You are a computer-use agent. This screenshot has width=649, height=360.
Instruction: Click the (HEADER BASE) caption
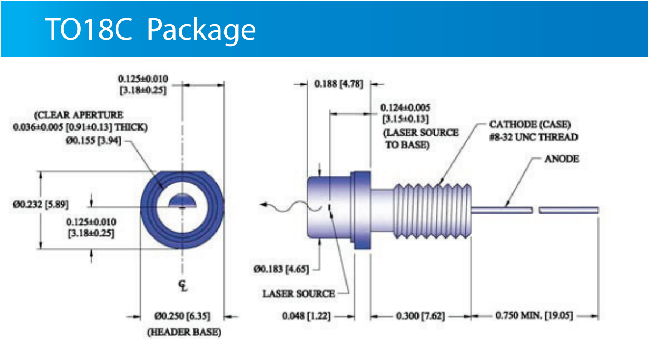click(184, 333)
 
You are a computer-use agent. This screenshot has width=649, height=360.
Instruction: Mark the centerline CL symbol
click(184, 286)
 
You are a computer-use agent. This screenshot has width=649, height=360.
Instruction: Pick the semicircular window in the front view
click(183, 200)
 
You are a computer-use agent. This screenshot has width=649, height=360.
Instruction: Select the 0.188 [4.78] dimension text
click(339, 84)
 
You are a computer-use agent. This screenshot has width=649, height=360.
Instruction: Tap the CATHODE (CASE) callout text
click(526, 124)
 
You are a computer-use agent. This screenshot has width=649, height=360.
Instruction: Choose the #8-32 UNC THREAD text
click(533, 137)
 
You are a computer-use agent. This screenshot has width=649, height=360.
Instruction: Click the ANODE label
click(562, 160)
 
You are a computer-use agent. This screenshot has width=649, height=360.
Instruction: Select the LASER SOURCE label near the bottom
click(298, 293)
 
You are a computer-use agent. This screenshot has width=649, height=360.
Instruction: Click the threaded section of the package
click(432, 210)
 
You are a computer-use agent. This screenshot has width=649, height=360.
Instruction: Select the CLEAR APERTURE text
click(78, 115)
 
